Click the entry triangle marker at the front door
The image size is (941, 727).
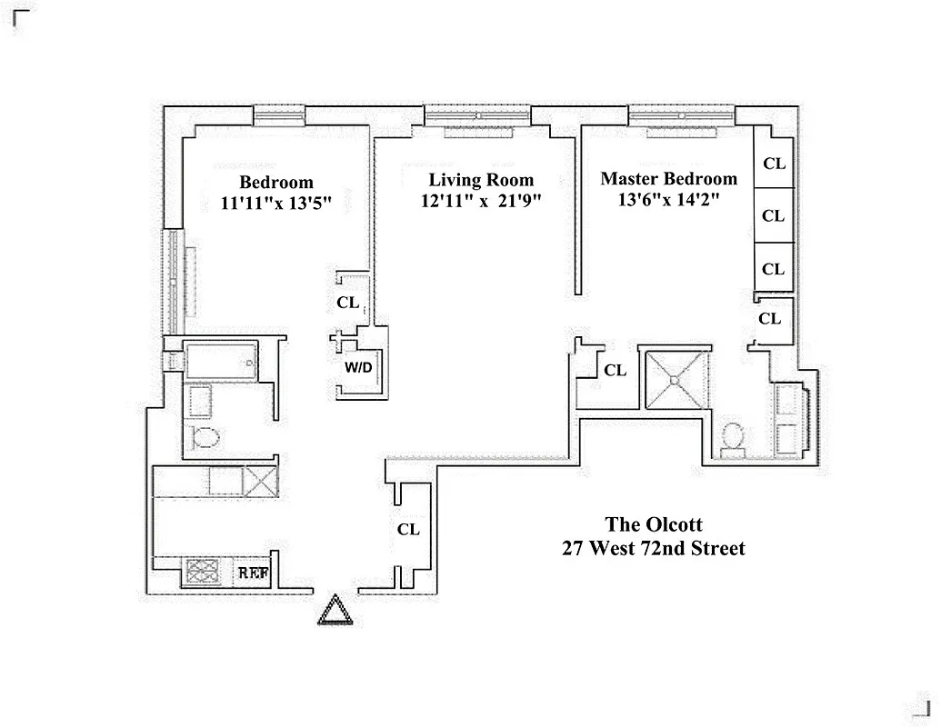335,610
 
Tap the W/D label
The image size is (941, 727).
357,367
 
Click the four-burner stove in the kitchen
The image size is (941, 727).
204,572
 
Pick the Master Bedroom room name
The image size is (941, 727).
668,179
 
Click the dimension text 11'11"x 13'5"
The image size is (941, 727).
275,204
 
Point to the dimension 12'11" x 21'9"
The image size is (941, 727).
481,203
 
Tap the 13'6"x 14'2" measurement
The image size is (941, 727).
668,201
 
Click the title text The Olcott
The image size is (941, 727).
655,524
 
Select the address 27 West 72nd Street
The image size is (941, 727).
655,548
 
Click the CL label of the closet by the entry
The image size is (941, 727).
409,530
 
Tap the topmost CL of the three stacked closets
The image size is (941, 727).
773,164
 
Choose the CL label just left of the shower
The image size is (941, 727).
616,370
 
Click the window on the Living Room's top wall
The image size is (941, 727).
478,115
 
